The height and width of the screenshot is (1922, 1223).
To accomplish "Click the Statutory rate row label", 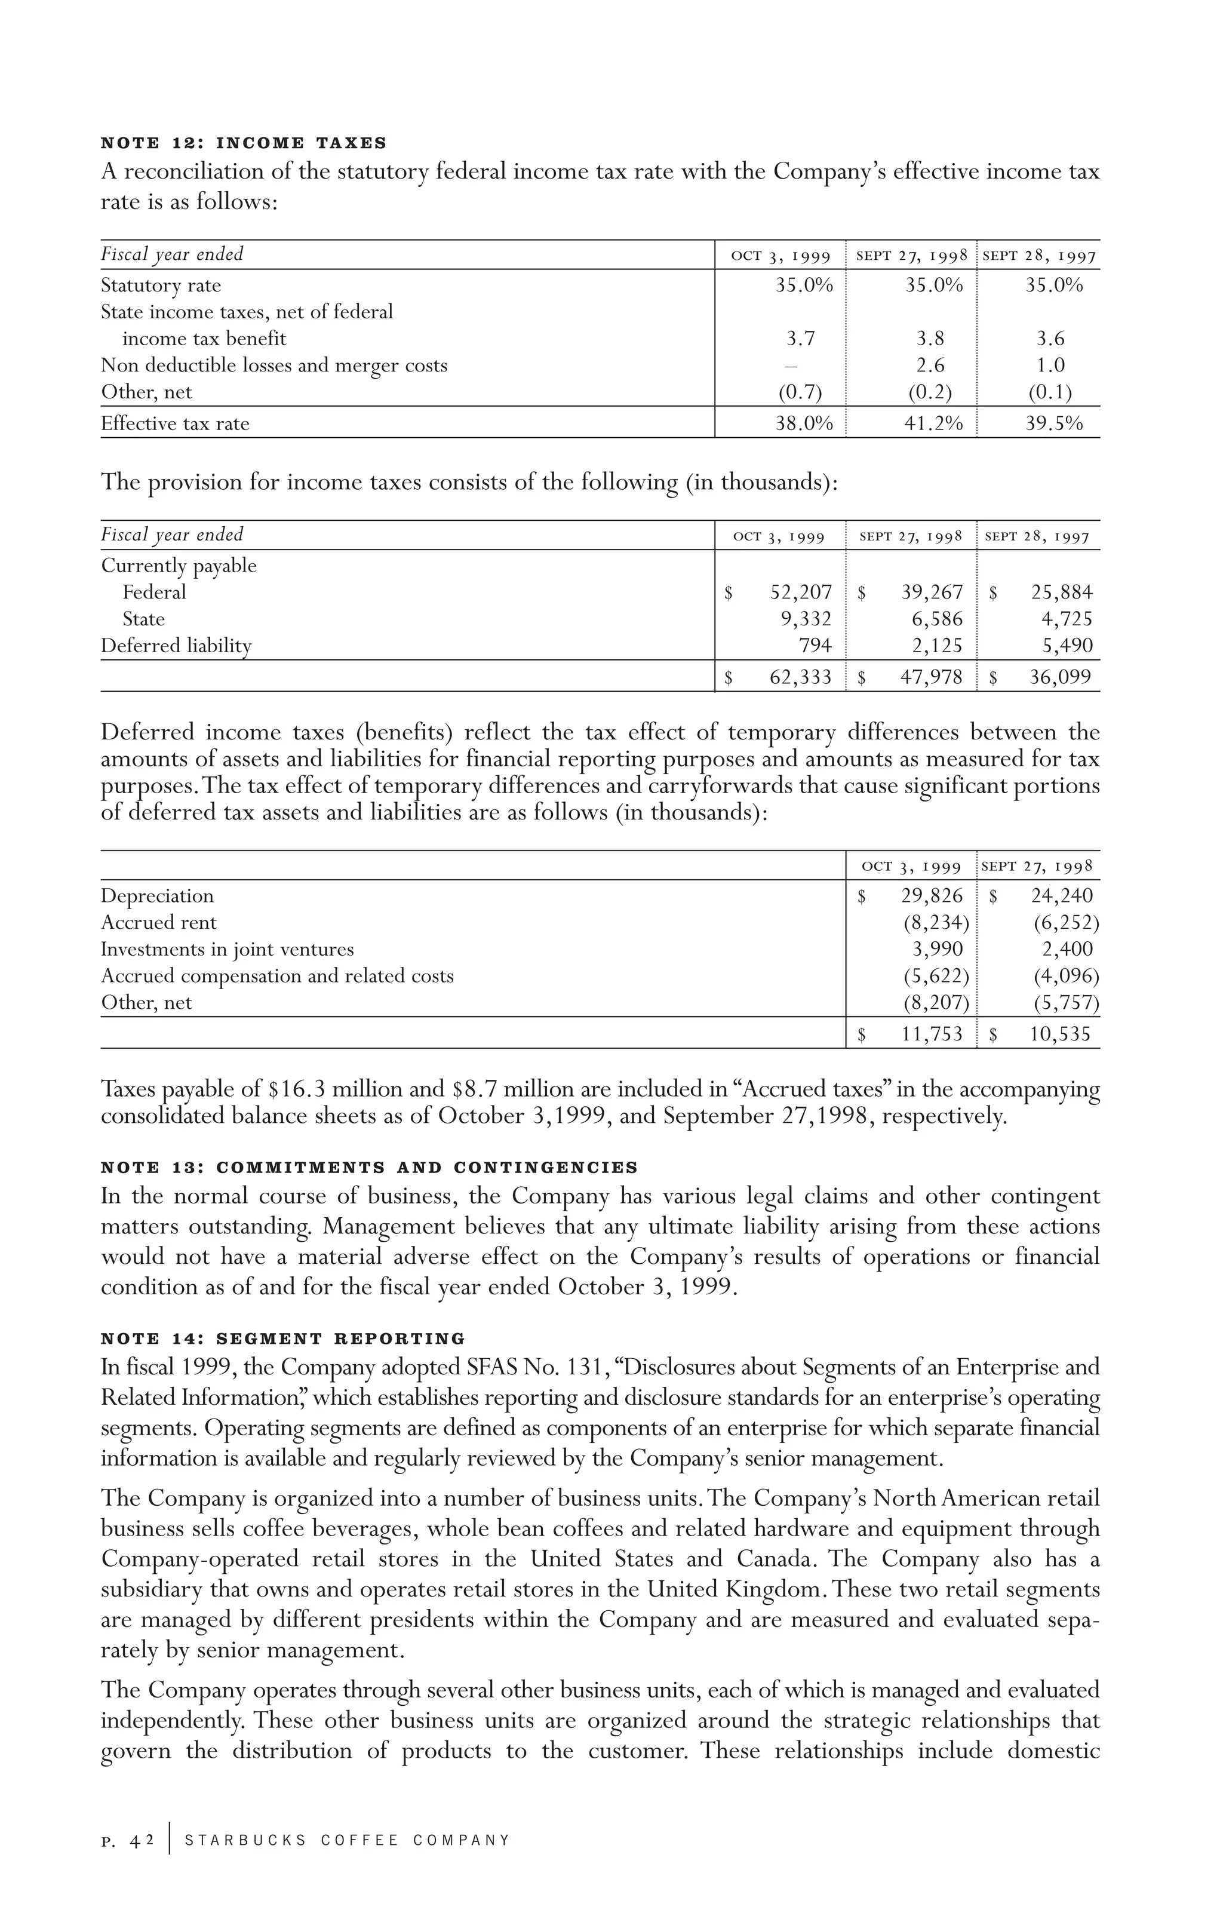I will tap(161, 285).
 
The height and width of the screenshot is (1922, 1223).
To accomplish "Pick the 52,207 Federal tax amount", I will tap(801, 592).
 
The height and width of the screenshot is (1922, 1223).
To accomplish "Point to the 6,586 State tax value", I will tap(936, 619).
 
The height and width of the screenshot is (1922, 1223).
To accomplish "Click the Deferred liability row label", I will tap(176, 646).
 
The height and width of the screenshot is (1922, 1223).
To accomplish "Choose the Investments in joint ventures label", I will tap(227, 949).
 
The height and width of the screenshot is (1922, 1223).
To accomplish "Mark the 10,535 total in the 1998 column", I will tap(1059, 1034).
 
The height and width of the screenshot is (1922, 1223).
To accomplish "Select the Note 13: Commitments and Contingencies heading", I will tap(369, 1168).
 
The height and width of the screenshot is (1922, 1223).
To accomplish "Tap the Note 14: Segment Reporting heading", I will tap(282, 1338).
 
